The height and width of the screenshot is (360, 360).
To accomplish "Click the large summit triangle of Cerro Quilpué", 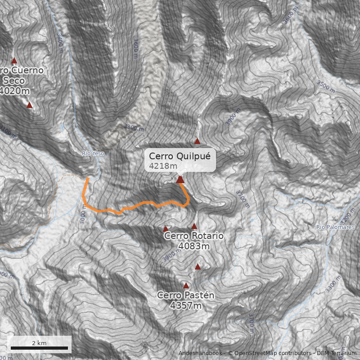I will click(x=180, y=180).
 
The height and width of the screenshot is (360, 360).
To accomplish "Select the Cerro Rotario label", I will click(x=194, y=236).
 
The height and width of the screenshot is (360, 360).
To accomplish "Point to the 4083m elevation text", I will click(x=194, y=246).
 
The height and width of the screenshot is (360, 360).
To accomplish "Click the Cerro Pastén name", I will click(x=186, y=295).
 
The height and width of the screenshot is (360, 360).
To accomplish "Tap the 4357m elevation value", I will click(x=186, y=306).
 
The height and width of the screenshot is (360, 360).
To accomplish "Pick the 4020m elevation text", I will click(x=15, y=91).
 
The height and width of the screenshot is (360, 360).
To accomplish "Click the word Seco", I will click(x=14, y=81).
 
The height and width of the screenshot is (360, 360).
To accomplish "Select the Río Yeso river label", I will click(x=93, y=153).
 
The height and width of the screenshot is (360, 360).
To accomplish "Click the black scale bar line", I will click(x=39, y=348).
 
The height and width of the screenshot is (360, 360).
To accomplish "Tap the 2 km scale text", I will click(x=39, y=343).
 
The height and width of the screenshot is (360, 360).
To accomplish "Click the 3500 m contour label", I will click(x=326, y=84).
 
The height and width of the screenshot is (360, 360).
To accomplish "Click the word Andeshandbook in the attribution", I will click(x=200, y=353).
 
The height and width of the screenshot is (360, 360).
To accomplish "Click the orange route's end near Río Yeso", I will click(x=88, y=178).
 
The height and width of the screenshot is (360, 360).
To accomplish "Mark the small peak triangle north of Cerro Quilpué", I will click(x=197, y=141).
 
